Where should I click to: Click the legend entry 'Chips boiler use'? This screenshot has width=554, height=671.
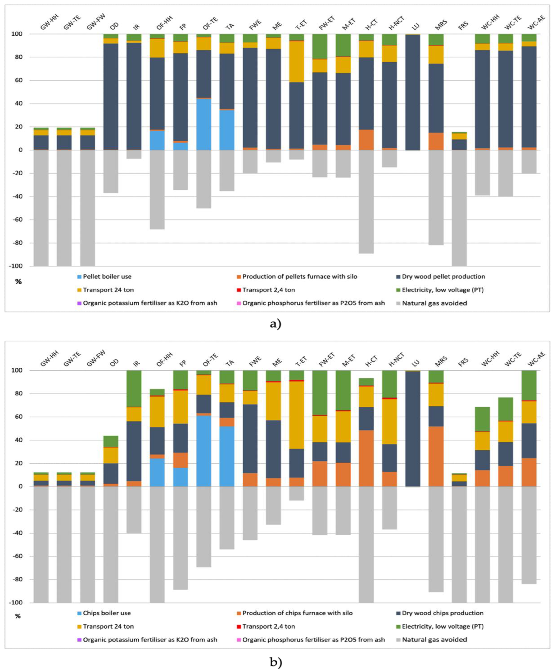(x=107, y=613)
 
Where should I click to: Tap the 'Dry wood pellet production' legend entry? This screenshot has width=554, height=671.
(x=443, y=277)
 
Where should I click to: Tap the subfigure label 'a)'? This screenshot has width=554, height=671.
(x=275, y=324)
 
